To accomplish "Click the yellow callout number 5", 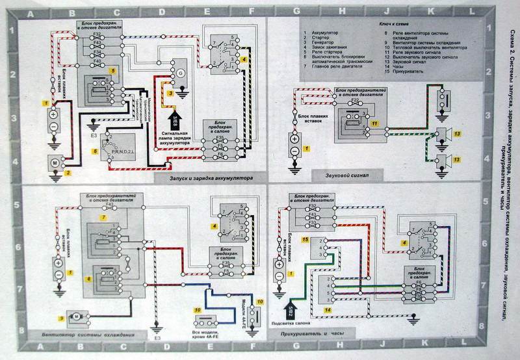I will point(113,69).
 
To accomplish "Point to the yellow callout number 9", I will point(62,317).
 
